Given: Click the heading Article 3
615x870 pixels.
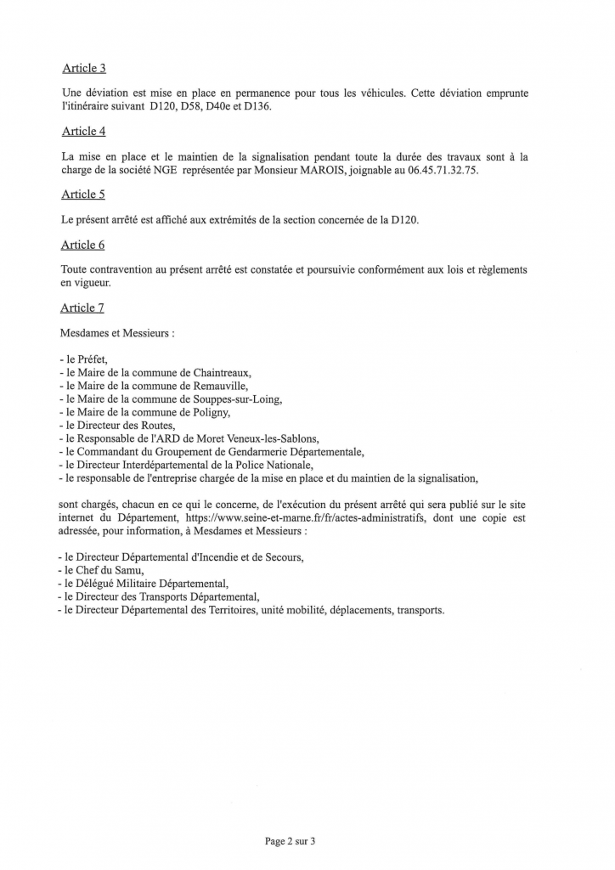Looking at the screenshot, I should (x=83, y=68).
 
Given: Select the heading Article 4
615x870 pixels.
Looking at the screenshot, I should (x=83, y=131).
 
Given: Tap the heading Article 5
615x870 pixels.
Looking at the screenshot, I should (x=83, y=195).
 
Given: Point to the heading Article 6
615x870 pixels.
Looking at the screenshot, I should (x=83, y=245).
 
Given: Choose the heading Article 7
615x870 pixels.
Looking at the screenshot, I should (x=83, y=308).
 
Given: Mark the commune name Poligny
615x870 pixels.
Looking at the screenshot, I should (x=210, y=412).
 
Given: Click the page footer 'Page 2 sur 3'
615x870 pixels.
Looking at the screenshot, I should (x=291, y=841).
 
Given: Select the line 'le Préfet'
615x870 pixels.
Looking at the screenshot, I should (x=83, y=359).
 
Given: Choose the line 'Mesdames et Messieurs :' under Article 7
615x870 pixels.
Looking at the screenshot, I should (x=117, y=333).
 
